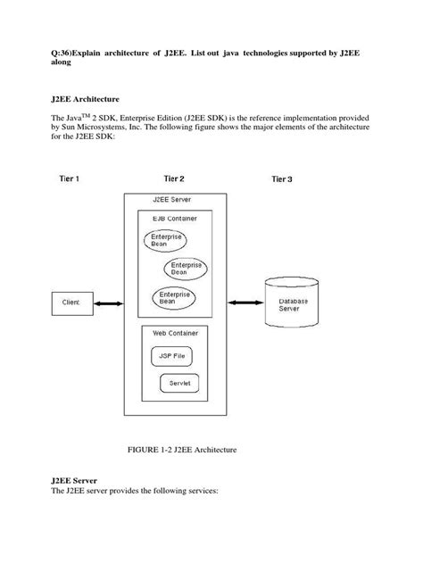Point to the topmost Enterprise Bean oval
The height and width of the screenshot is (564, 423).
coord(166,240)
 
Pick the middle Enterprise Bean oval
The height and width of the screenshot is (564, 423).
coord(185,269)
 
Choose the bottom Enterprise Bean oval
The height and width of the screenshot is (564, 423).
coord(173,297)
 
